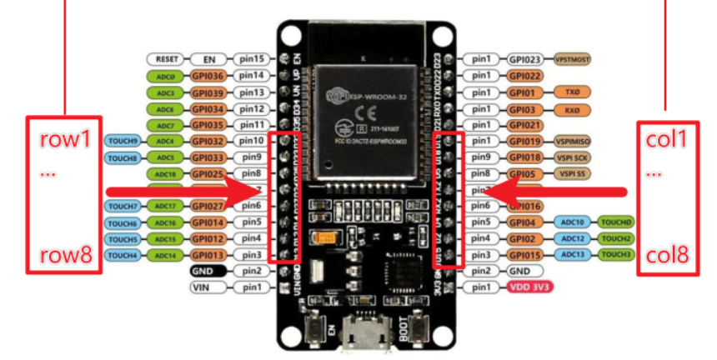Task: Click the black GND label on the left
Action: (208, 271)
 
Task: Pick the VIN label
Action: (208, 287)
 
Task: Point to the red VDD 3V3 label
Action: (530, 287)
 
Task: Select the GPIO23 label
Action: (525, 60)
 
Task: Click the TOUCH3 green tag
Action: (617, 254)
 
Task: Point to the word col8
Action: (666, 255)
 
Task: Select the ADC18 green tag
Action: (164, 173)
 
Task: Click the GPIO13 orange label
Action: (208, 254)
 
